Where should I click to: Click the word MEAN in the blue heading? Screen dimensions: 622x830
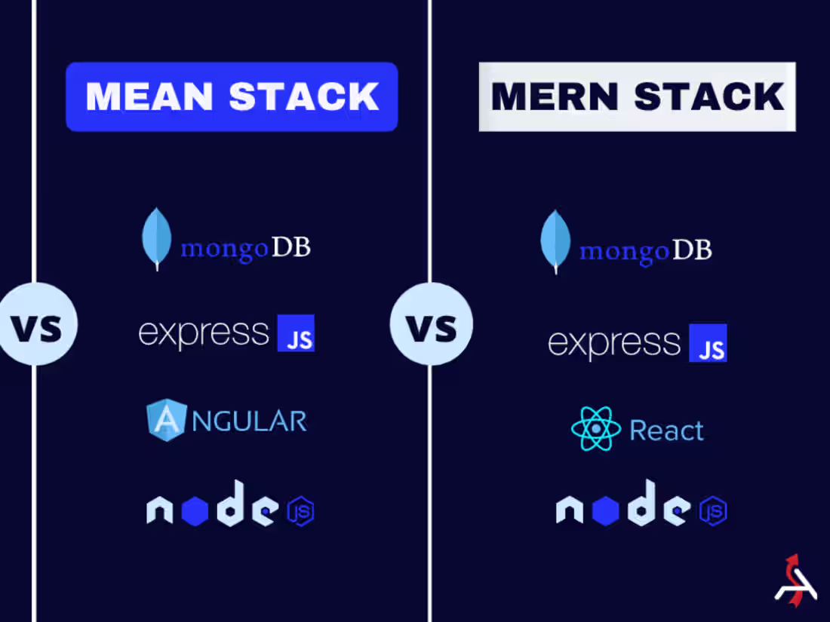tap(150, 97)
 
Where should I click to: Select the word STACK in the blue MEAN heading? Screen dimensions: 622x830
tap(303, 97)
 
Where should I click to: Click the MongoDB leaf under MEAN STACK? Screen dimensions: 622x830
tap(157, 238)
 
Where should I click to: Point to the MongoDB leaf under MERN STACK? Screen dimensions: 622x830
tap(555, 241)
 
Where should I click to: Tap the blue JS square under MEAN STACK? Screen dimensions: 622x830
tap(296, 333)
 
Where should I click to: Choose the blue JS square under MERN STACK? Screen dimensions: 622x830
tap(708, 343)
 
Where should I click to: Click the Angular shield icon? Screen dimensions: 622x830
tap(166, 421)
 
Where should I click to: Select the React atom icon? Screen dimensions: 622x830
tap(596, 430)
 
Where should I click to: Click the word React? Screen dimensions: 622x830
tap(666, 430)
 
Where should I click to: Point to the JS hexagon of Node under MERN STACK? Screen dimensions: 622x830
tap(712, 511)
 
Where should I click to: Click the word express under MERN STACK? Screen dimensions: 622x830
tap(614, 344)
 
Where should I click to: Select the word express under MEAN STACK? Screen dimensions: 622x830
tap(204, 333)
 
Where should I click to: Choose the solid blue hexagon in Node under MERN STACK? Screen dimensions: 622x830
tap(605, 512)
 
